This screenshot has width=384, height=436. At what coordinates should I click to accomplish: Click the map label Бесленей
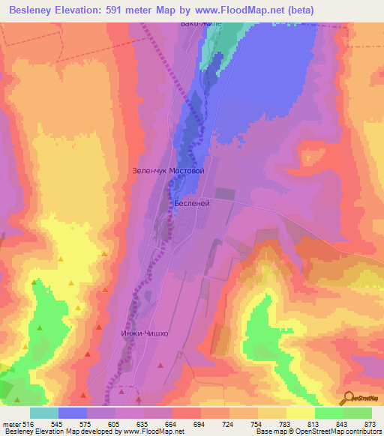190,203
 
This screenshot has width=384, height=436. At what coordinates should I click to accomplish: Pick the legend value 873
370,425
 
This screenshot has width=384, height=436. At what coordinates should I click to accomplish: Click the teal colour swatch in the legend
43,413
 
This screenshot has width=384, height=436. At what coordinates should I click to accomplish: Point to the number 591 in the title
121,10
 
